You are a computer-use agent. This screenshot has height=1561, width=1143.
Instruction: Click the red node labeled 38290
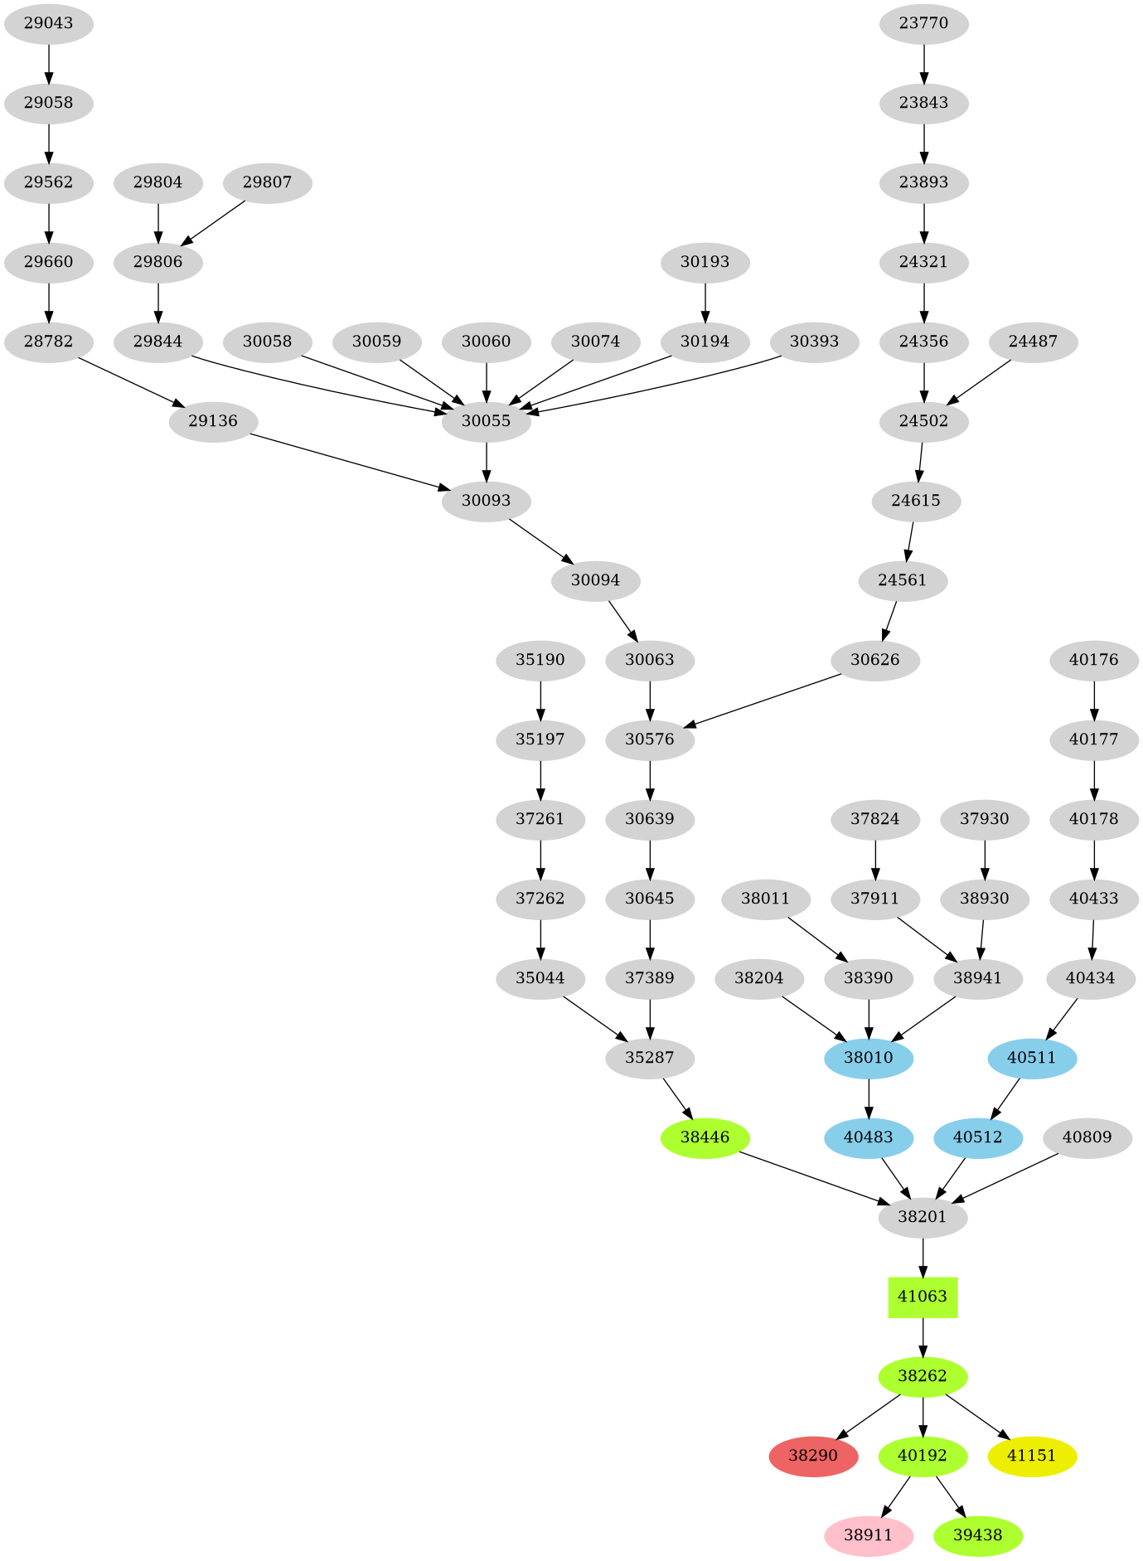click(x=812, y=1456)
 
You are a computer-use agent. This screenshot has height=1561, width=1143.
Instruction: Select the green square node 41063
click(x=923, y=1297)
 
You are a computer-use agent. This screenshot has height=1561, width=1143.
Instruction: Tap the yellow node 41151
click(x=1032, y=1456)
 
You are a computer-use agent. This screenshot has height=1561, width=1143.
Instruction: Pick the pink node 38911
click(x=868, y=1535)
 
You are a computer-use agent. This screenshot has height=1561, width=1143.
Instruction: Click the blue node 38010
click(x=868, y=1058)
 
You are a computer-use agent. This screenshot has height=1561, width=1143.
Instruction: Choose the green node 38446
click(x=705, y=1137)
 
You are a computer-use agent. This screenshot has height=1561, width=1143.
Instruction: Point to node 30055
click(x=486, y=421)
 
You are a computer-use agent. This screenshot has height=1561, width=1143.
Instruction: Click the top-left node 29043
click(x=48, y=23)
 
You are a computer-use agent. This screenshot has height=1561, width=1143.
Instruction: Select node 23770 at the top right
click(x=923, y=23)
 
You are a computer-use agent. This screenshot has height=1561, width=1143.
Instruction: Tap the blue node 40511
click(x=1032, y=1058)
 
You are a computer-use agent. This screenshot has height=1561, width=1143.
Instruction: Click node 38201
click(x=923, y=1217)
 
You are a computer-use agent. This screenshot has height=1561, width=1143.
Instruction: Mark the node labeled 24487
click(x=1033, y=342)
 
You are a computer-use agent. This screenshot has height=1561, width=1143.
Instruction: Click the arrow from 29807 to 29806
click(x=214, y=222)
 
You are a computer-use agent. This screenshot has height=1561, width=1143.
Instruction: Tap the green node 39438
click(x=977, y=1535)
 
